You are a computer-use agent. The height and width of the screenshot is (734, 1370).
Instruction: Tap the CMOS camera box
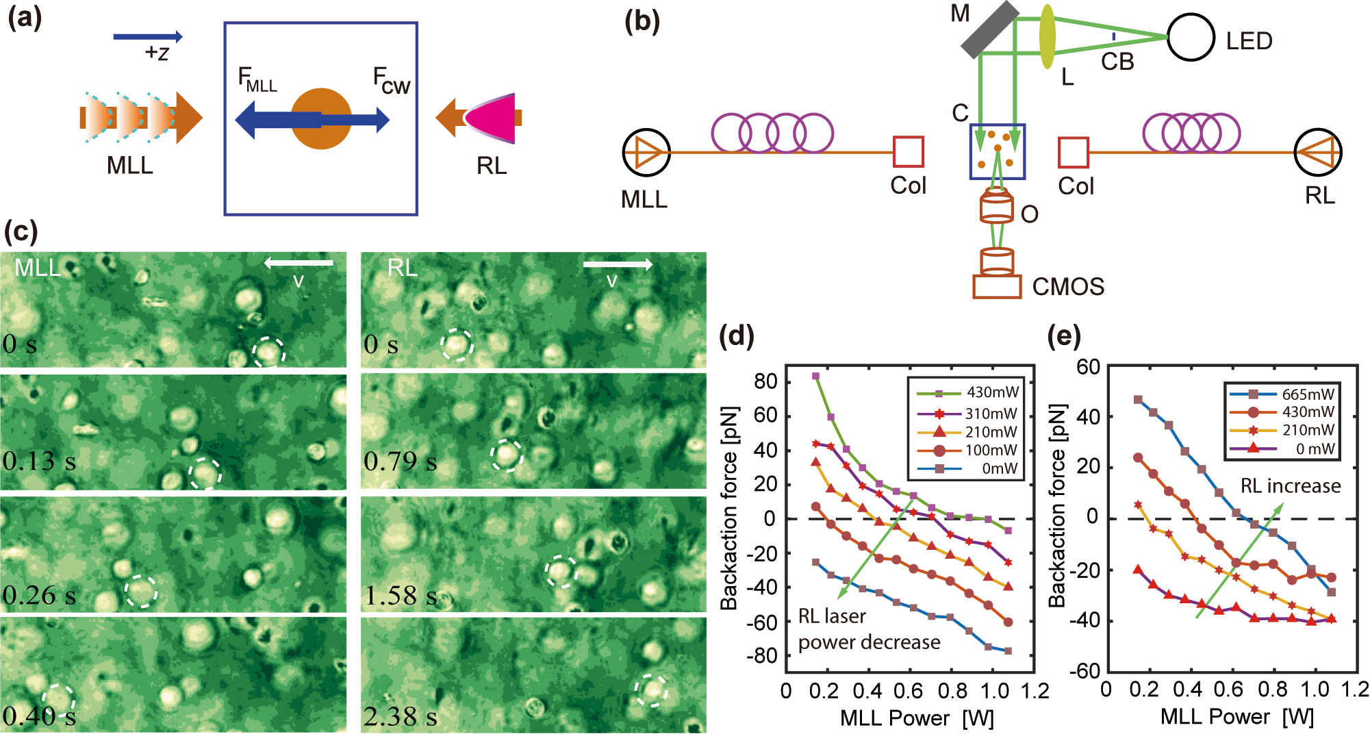coord(997,286)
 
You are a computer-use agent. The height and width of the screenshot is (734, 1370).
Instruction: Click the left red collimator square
coord(908,152)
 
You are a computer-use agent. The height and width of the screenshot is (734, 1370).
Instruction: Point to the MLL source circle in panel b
coord(646,152)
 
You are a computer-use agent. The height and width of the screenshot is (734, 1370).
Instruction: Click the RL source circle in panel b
coord(1318,152)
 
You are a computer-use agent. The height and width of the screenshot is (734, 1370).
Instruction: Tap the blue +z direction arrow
coord(148,36)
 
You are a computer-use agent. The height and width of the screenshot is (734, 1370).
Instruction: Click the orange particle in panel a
coord(321,118)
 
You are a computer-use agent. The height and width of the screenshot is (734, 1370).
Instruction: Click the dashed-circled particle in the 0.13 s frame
coord(205,473)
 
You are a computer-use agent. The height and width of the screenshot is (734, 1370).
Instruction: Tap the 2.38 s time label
coord(400,716)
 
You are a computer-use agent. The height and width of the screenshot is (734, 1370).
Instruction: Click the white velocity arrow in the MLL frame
coord(299,262)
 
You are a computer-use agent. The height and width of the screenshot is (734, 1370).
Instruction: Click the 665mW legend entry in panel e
coord(1281,394)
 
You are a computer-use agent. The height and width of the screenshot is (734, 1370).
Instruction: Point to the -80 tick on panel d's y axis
coord(762,656)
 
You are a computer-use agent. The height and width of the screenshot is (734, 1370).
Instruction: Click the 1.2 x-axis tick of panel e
coord(1354,689)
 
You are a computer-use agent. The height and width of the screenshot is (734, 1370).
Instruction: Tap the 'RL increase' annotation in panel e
coord(1290,486)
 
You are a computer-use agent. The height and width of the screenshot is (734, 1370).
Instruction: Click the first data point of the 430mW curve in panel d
coord(815,376)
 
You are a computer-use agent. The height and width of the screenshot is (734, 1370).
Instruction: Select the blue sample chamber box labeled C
coord(997,151)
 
